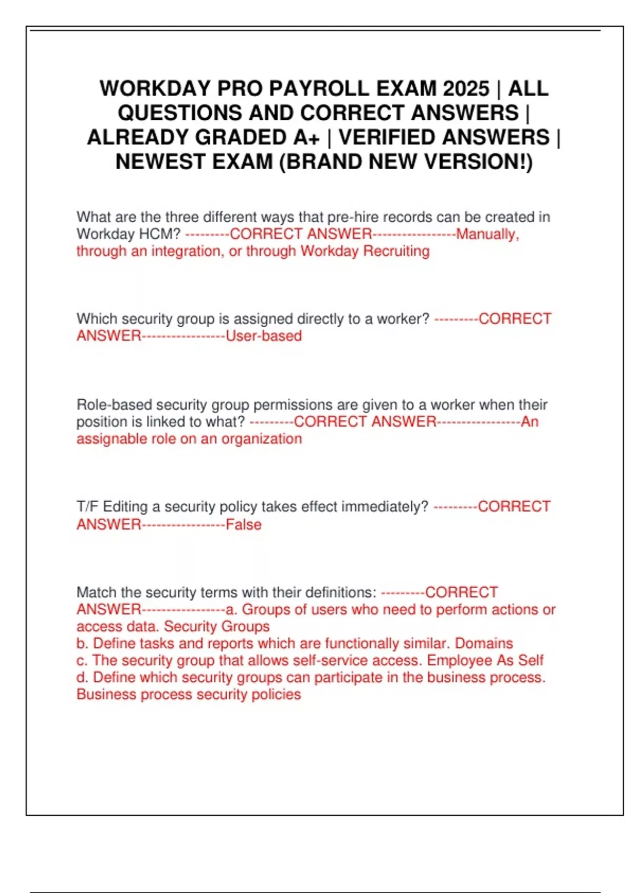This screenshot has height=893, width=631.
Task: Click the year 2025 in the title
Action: [x=466, y=88]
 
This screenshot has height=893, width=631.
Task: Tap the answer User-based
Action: [x=263, y=336]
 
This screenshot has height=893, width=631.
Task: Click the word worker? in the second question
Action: [x=403, y=319]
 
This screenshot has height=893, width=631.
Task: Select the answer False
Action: [x=243, y=525]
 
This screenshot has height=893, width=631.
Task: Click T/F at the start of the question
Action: [x=87, y=507]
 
